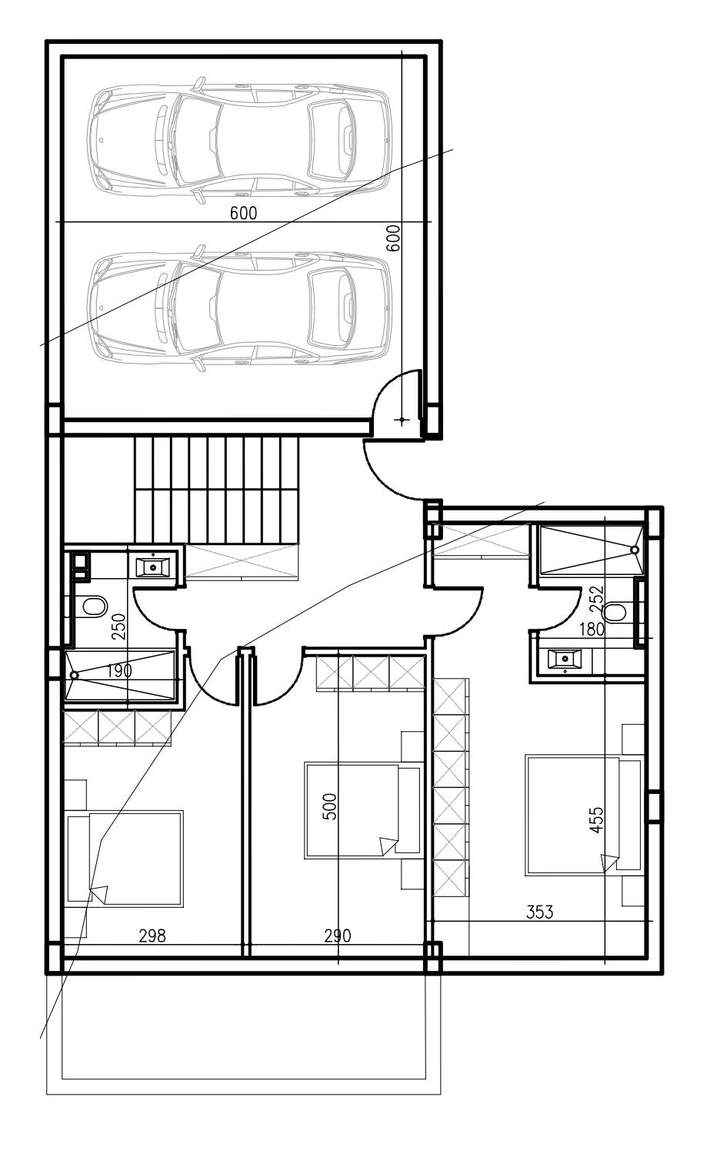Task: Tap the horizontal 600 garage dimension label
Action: pos(243,212)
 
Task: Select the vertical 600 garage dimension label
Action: pos(393,238)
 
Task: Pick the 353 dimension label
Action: pos(540,911)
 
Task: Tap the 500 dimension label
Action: pos(331,806)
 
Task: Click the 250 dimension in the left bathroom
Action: pos(118,626)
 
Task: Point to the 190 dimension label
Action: pos(119,670)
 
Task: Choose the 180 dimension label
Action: pos(592,629)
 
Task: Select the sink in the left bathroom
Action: pos(152,567)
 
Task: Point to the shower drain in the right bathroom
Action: pos(635,550)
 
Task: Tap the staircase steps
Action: pos(216,489)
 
